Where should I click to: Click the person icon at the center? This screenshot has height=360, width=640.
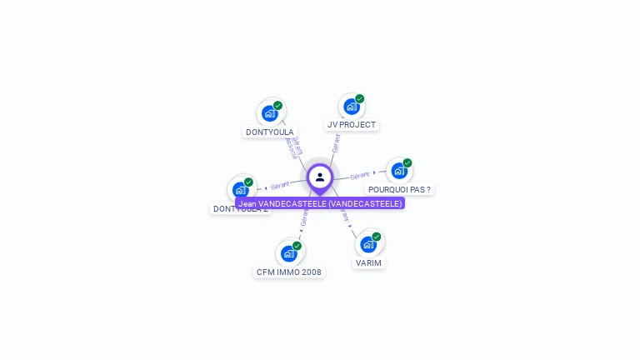320,177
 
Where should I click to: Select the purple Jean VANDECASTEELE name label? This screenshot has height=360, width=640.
320,203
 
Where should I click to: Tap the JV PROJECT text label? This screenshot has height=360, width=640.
351,125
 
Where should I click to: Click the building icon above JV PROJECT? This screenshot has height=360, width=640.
351,107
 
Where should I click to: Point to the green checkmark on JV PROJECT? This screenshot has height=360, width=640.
360,98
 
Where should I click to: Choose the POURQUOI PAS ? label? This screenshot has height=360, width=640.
399,189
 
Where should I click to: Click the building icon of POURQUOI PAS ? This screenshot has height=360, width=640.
399,171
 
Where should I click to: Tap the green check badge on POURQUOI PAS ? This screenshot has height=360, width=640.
407,162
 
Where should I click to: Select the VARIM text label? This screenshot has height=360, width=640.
368,262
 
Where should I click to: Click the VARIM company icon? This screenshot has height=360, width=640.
368,244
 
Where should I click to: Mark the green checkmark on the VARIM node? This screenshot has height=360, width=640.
377,237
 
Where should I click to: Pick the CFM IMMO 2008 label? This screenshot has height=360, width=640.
289,272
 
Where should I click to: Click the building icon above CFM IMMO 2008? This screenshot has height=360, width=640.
289,253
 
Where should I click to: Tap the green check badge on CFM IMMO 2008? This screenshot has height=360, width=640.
297,245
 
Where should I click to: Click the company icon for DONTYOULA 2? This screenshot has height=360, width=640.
240,189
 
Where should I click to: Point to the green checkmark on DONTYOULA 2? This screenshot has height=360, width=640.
248,182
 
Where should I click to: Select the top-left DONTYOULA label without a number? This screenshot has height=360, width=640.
269,132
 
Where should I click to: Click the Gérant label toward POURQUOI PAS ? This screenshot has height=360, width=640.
359,176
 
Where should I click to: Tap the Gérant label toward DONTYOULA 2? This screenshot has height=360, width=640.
280,185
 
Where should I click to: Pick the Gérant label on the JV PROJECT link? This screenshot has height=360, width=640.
336,143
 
